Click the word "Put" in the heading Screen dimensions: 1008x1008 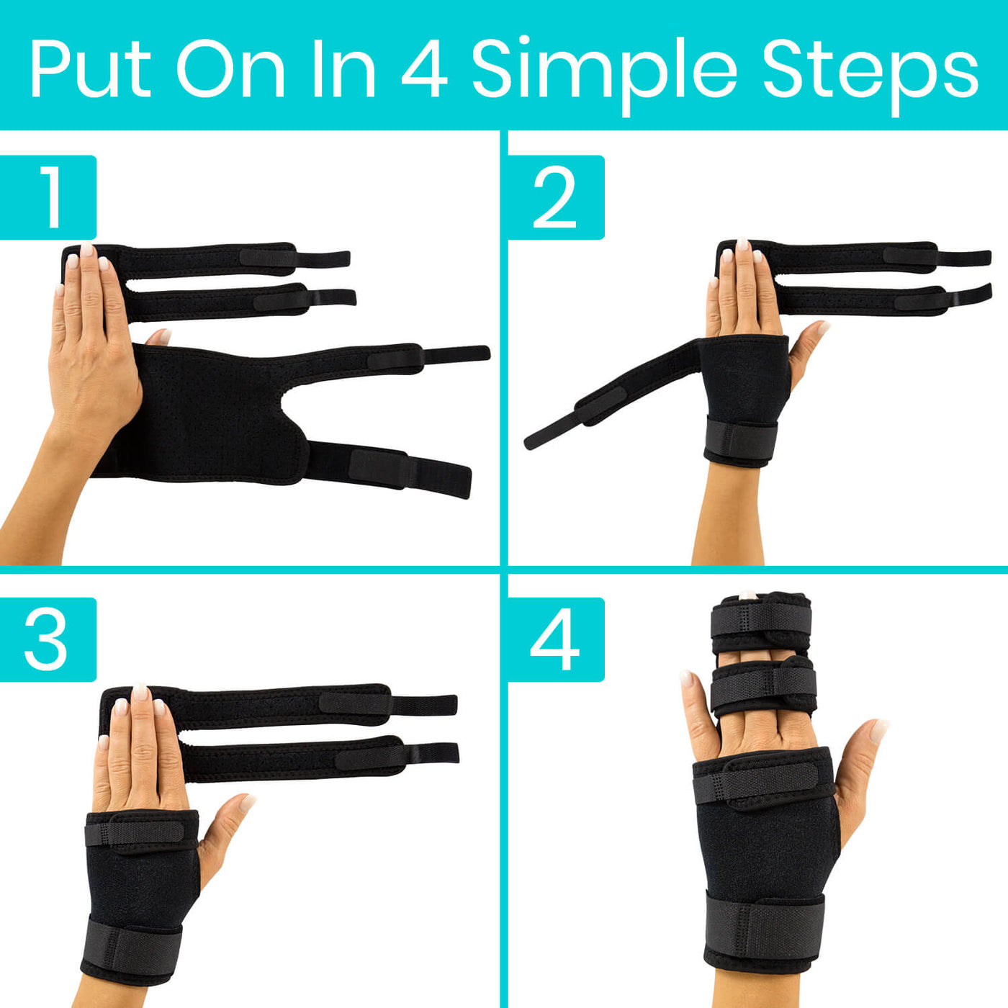point(90,70)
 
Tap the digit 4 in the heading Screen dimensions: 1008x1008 point(424,70)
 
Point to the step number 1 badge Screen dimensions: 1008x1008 point(48,197)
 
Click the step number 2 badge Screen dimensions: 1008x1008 point(555,197)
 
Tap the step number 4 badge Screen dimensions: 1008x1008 point(555,639)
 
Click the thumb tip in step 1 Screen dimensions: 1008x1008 point(160,336)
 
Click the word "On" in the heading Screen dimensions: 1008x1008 point(230,70)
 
